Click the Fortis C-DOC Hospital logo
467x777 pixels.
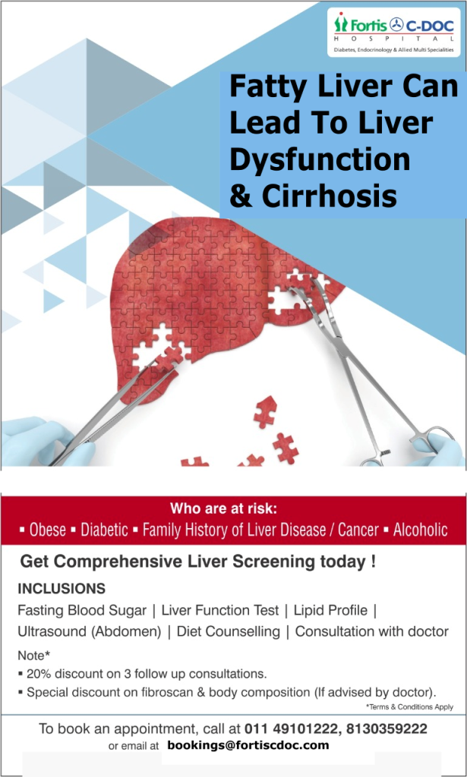click(x=393, y=32)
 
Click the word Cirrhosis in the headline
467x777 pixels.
click(x=330, y=197)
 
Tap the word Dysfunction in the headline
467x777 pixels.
click(x=320, y=160)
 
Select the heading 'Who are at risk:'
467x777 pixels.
click(x=223, y=508)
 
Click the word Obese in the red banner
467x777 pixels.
click(x=48, y=530)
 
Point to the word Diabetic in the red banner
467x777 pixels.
click(x=105, y=530)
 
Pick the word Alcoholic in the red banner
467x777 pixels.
click(x=421, y=530)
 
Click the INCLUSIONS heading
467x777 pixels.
click(x=62, y=589)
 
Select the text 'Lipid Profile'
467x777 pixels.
click(x=330, y=610)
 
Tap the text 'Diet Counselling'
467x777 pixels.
click(x=229, y=632)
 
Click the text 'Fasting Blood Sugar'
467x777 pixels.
click(x=82, y=610)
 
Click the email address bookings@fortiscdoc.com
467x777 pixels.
click(x=248, y=745)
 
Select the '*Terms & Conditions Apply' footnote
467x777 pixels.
click(x=409, y=707)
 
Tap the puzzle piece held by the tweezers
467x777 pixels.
click(x=169, y=359)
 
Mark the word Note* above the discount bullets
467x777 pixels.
click(x=33, y=656)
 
